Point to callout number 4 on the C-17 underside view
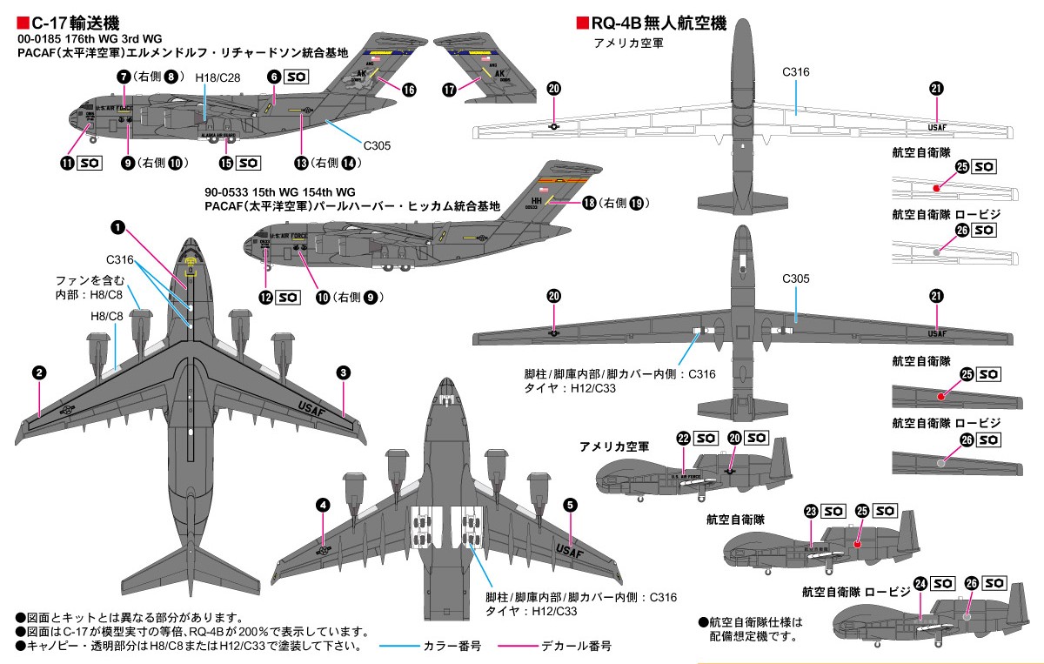(323, 505)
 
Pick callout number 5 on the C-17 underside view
(570, 505)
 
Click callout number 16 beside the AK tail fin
(408, 89)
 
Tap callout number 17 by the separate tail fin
(449, 89)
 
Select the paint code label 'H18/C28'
(217, 78)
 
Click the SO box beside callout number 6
(296, 77)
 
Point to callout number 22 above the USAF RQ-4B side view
(684, 439)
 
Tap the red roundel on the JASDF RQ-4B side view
(858, 544)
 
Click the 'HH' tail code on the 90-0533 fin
(536, 199)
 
